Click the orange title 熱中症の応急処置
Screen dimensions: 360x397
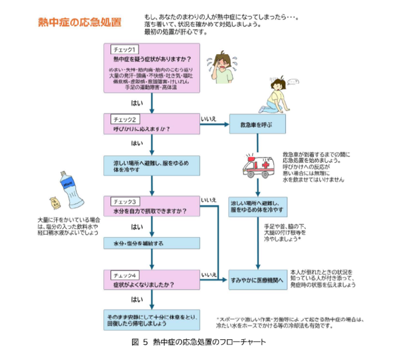(79, 22)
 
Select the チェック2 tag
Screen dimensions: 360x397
(124, 120)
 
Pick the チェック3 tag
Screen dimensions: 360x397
(124, 202)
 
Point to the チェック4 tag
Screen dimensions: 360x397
(124, 274)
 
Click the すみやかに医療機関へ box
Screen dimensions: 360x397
(257, 280)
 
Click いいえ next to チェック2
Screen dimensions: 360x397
(208, 118)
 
